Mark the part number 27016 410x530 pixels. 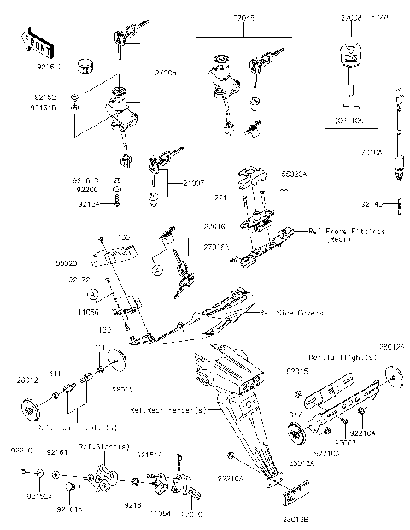[x=214, y=227]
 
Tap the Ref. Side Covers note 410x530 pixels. [x=291, y=314]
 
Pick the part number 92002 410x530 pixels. [x=344, y=445]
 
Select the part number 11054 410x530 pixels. [x=160, y=513]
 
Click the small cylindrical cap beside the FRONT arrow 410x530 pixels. [x=85, y=64]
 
